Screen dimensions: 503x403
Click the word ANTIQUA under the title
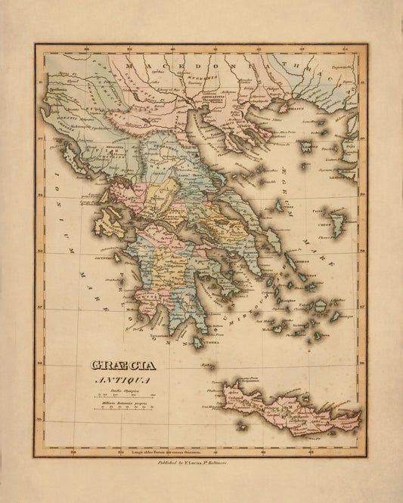[119, 380]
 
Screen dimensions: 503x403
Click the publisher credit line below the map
[200, 468]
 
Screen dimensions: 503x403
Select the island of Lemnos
[306, 145]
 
